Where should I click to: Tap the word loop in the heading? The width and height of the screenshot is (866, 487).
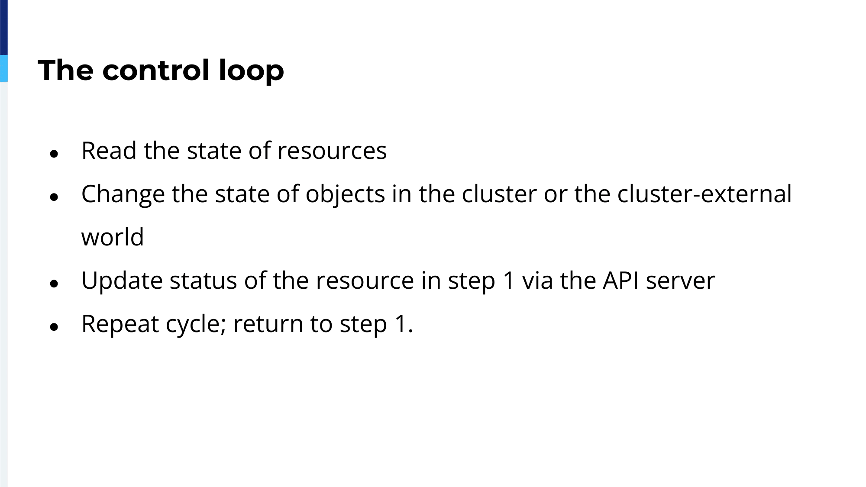(251, 71)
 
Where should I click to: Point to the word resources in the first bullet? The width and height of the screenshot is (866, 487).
(332, 152)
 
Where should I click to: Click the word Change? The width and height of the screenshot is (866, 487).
(123, 194)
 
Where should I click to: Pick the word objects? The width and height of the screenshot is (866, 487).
(345, 194)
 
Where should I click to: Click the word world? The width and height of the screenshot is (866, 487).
(113, 237)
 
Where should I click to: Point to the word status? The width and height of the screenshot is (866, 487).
(203, 281)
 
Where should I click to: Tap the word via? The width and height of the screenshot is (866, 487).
(537, 281)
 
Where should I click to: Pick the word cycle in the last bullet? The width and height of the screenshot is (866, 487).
(196, 324)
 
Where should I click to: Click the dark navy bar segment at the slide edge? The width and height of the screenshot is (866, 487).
(4, 27)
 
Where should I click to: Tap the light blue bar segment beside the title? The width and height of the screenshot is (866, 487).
(4, 68)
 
